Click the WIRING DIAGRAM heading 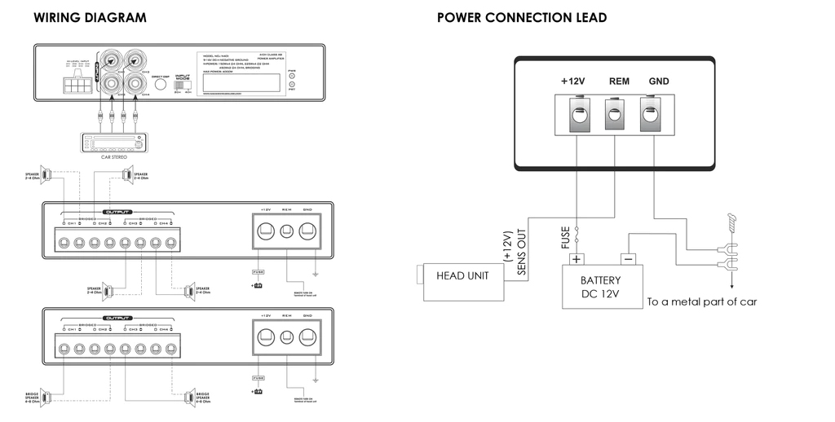[90, 17]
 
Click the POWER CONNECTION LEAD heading [522, 17]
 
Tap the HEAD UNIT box [462, 276]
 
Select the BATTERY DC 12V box [601, 286]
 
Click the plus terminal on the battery [577, 260]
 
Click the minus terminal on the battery [627, 260]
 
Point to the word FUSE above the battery [566, 236]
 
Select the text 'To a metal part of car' [702, 301]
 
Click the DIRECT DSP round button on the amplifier [160, 87]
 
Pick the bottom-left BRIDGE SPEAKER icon [46, 397]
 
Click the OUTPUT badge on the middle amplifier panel [119, 211]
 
